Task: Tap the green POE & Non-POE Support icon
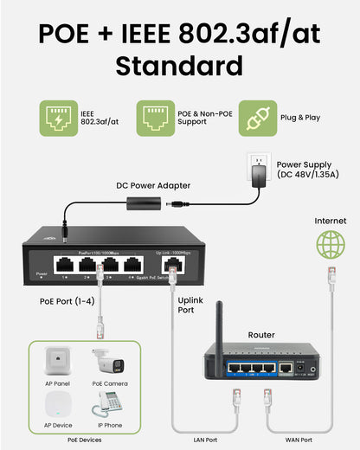[156, 117]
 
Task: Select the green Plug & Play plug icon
[256, 117]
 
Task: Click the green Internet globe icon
[330, 244]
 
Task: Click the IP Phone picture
[109, 403]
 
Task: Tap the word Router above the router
[260, 334]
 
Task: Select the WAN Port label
[300, 439]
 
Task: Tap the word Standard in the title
[179, 66]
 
